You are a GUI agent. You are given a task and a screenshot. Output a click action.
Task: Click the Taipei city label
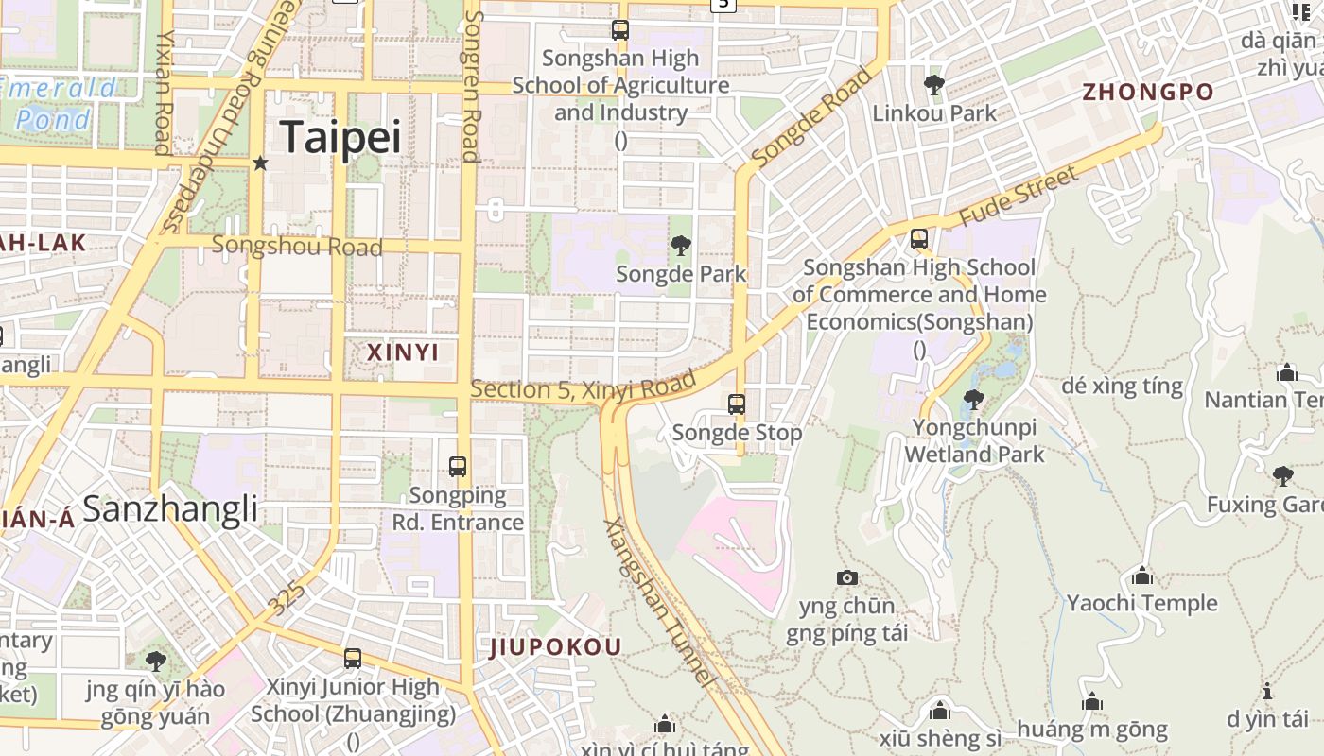(341, 137)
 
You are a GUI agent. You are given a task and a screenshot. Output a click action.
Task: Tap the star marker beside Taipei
(261, 163)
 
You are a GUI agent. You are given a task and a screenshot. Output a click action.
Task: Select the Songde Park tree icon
(680, 247)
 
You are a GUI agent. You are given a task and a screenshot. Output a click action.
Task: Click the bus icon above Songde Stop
(737, 404)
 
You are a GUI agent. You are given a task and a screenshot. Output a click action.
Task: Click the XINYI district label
(403, 352)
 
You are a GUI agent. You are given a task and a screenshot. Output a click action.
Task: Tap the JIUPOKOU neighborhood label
(556, 647)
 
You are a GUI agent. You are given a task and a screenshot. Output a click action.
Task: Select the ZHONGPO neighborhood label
(1148, 93)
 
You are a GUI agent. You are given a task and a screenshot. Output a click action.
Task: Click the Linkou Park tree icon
(934, 85)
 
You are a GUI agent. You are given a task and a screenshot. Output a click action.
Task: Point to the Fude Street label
(1019, 197)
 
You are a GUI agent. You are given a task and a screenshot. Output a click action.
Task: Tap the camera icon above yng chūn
(847, 577)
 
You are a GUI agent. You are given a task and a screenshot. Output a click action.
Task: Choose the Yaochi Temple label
(1142, 603)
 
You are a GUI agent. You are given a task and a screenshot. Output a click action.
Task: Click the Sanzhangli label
(170, 509)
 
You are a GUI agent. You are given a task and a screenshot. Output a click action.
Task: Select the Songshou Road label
(297, 247)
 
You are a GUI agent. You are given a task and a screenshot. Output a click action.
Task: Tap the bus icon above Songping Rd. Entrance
(458, 466)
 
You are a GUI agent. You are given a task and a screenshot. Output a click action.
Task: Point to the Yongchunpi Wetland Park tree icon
(973, 400)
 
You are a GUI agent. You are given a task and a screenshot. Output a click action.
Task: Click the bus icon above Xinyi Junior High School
(353, 659)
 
